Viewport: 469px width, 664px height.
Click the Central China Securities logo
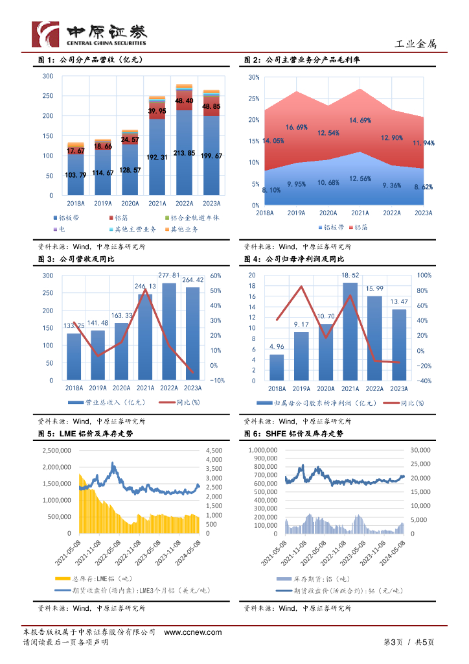click(90, 34)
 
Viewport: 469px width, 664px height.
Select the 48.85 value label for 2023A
click(212, 106)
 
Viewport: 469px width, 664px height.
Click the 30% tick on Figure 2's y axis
click(254, 77)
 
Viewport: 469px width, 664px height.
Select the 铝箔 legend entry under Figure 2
click(357, 228)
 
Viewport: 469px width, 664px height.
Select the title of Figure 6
click(293, 434)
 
